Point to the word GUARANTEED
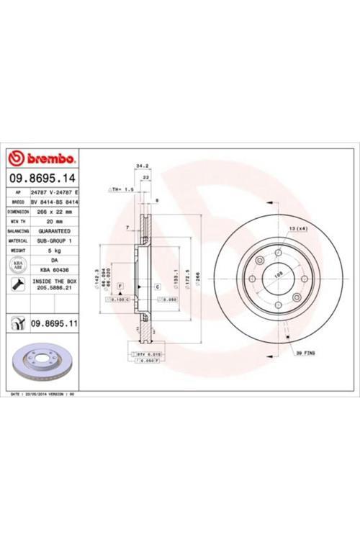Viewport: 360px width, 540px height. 54,231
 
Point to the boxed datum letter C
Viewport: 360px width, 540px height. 156,287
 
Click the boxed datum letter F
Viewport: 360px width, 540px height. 120,287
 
